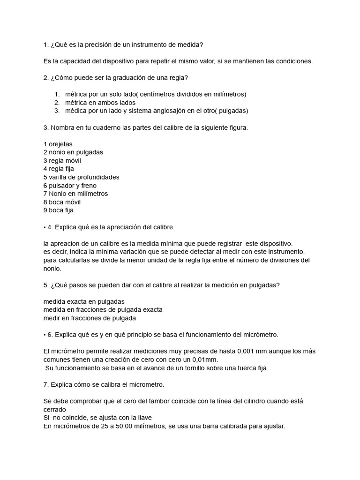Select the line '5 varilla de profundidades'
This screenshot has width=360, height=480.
pos(81,177)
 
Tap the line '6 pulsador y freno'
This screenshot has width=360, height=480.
pos(70,186)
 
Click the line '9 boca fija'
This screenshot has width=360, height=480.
pos(59,210)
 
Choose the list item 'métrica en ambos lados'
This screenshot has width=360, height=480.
pos(100,103)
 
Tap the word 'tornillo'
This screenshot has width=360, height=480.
pos(177,368)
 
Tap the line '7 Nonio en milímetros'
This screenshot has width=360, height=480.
pos(75,194)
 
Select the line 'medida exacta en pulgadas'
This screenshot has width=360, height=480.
pos(84,301)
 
